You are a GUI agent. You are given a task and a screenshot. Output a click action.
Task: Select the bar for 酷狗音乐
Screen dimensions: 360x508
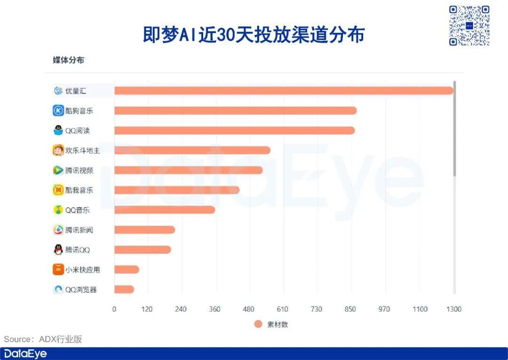235,110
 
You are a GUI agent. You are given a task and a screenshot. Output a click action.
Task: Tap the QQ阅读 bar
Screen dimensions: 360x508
234,131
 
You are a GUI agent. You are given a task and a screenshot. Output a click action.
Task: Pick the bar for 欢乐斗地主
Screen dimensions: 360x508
192,150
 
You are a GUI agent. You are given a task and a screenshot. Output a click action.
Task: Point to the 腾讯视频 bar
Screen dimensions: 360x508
188,170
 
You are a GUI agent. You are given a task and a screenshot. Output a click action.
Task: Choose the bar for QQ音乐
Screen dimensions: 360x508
165,210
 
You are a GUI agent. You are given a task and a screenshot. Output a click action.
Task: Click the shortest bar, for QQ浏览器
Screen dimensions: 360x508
124,290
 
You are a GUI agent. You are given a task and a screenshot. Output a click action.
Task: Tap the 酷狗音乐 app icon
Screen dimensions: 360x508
58,110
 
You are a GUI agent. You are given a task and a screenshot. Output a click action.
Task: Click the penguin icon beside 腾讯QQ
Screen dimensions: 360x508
58,250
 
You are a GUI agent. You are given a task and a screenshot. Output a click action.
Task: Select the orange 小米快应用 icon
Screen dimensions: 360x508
58,270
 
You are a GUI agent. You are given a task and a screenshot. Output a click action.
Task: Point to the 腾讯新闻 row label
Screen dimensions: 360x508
79,230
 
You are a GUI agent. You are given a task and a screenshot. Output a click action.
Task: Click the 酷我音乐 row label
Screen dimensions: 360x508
79,190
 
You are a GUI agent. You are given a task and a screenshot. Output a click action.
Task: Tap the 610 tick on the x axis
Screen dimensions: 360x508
283,309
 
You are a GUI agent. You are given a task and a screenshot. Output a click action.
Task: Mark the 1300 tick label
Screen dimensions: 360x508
453,309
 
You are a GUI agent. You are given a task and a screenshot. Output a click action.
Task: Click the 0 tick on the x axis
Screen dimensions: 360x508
114,309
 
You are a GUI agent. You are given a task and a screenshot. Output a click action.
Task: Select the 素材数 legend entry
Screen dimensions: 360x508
271,324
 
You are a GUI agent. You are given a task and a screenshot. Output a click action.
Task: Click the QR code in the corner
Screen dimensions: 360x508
469,25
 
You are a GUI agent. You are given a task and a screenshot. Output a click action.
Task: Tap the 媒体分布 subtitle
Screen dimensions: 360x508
68,60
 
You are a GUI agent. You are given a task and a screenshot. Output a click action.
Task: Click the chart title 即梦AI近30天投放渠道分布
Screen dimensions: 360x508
254,35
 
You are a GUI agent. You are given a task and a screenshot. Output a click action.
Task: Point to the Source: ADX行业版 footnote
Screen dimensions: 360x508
43,339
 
